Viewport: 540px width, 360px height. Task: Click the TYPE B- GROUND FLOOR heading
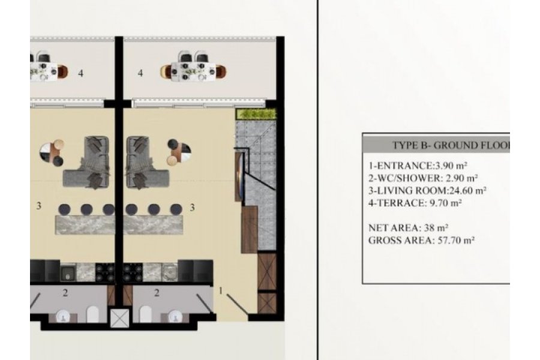tap(451, 145)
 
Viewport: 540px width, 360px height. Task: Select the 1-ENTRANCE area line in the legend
tap(418, 166)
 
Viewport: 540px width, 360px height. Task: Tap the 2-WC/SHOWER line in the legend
tap(423, 178)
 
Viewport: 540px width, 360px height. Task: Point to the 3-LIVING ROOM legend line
tap(427, 191)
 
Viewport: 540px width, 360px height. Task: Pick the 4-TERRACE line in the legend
tap(415, 203)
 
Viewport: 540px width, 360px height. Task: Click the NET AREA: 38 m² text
tap(408, 228)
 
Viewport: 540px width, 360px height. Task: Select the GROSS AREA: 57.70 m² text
tap(421, 240)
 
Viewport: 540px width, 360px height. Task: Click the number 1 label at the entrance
tap(221, 291)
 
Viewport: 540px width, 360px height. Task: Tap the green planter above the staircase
tap(256, 114)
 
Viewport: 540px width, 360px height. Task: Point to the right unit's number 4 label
tap(140, 73)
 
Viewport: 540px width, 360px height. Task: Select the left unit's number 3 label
tap(38, 206)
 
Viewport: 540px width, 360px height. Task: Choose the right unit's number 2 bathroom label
tap(157, 293)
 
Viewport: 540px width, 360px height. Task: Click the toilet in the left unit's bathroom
tap(92, 314)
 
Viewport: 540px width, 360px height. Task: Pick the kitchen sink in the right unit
tap(169, 271)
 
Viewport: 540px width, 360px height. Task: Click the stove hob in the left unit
tap(104, 272)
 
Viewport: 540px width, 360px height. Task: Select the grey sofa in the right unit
tap(144, 163)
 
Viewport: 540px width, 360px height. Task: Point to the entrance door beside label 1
tap(237, 305)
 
